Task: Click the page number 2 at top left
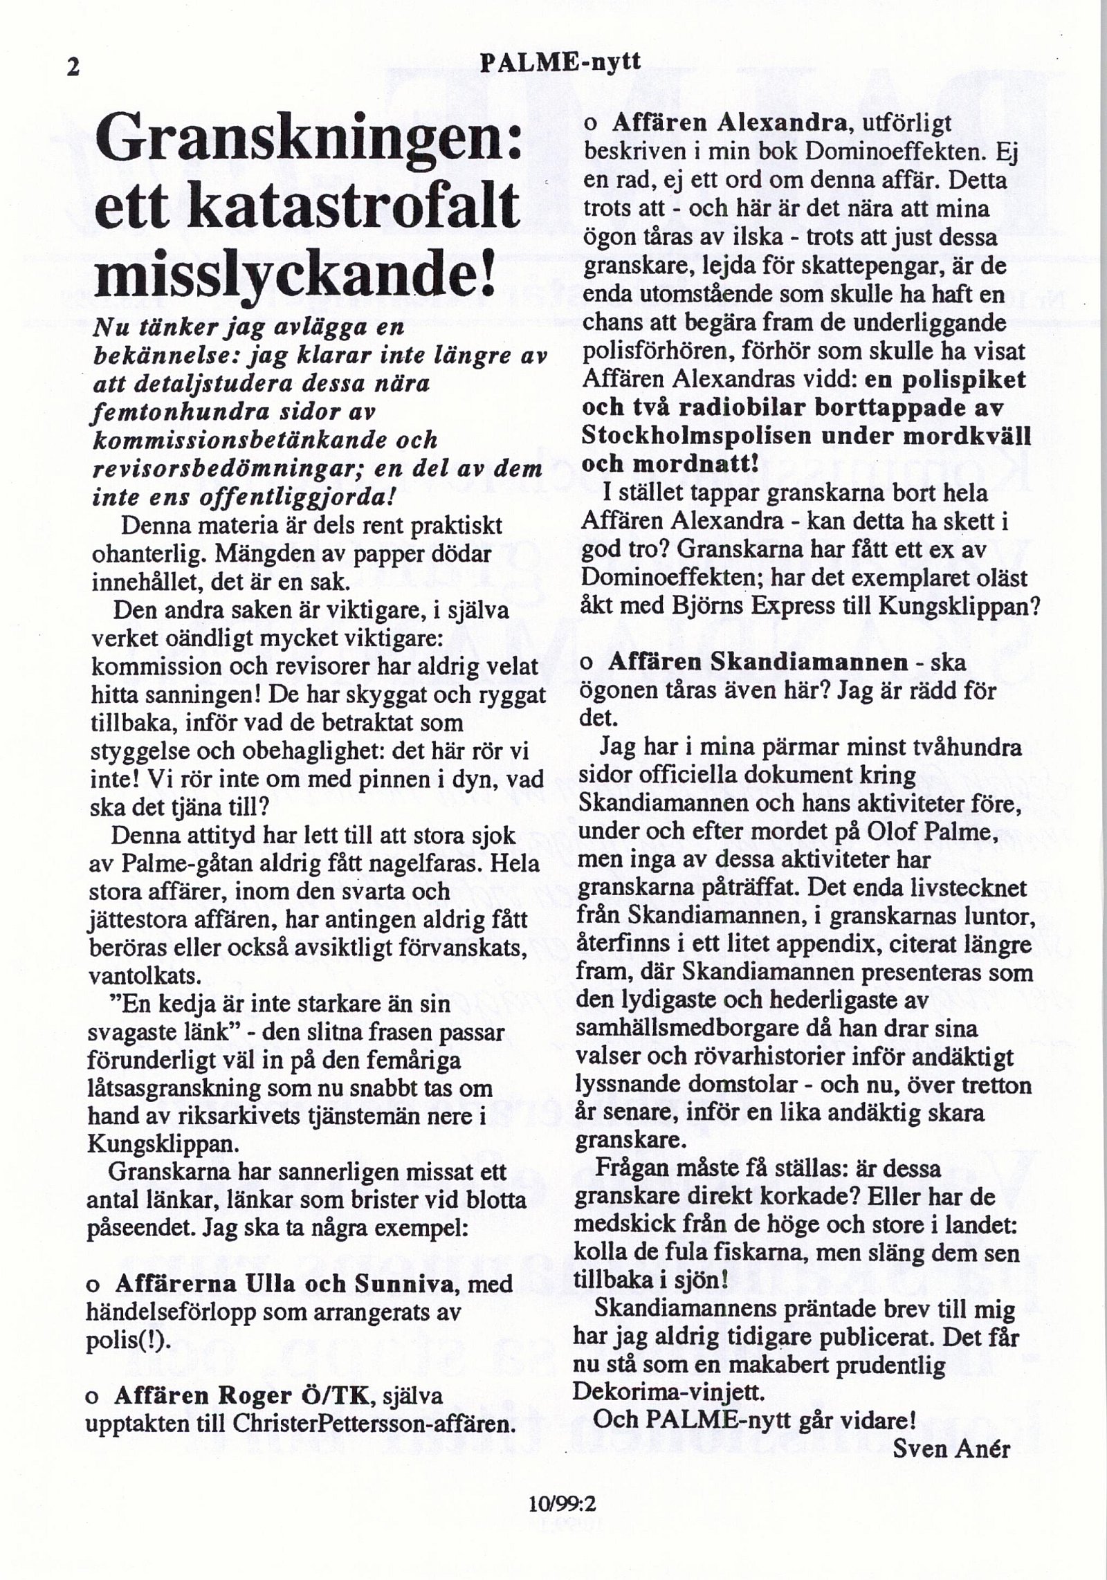[x=73, y=66]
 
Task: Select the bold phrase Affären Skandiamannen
[x=758, y=661]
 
